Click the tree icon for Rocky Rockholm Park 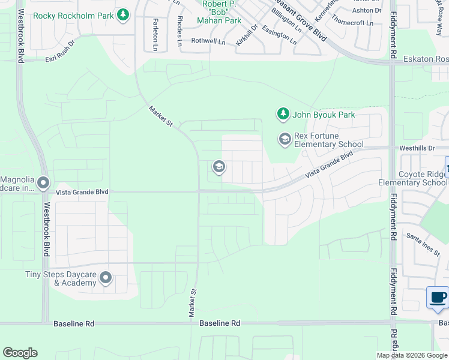pos(123,14)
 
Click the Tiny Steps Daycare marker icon pos(106,277)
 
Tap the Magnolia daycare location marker pos(43,182)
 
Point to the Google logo pos(20,353)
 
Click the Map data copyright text pos(412,355)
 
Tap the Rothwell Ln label pos(208,41)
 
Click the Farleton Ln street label pos(155,34)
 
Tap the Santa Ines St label pos(423,244)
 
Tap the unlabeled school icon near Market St pos(218,167)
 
